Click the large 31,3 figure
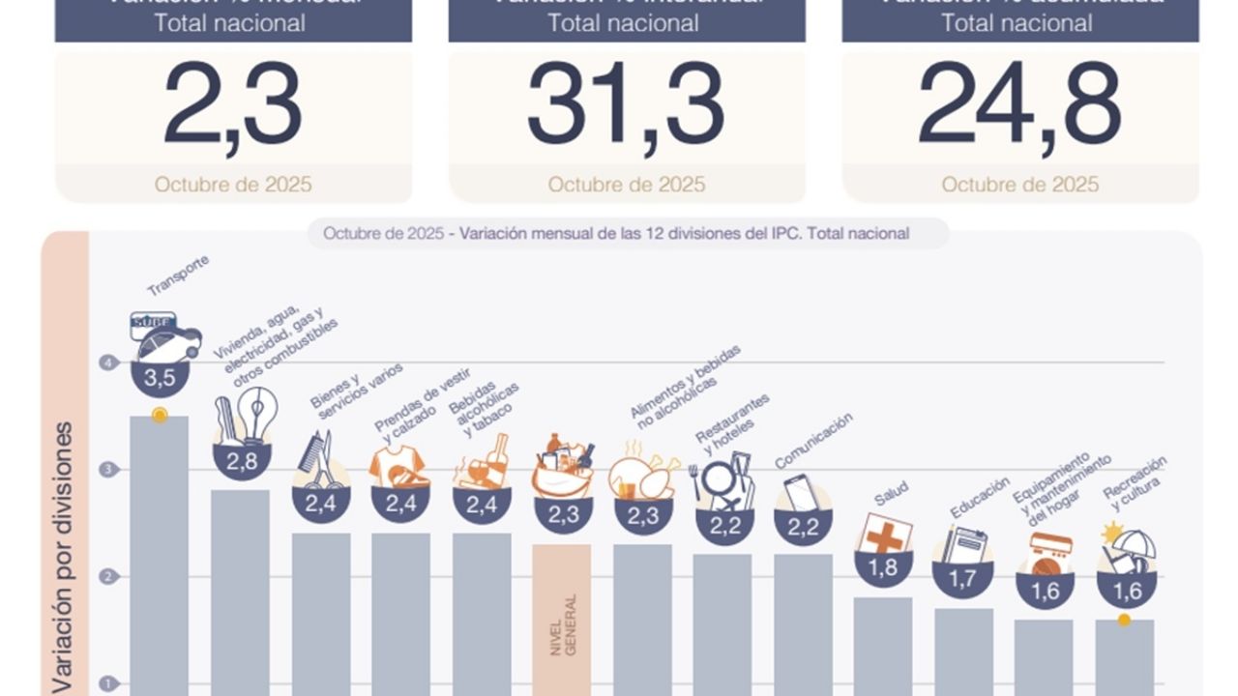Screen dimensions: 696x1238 click(626, 105)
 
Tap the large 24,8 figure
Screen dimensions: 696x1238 click(1019, 105)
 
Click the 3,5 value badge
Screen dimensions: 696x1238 click(160, 378)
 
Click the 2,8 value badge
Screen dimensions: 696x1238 click(242, 461)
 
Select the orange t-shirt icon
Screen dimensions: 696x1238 click(399, 466)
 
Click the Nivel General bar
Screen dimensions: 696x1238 click(561, 619)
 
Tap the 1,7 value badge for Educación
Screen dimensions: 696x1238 click(962, 579)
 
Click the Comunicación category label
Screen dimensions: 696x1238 click(813, 440)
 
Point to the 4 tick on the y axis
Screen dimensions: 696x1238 click(107, 362)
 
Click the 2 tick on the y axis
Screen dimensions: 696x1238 click(107, 577)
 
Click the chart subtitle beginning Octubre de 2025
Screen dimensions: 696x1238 click(616, 233)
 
